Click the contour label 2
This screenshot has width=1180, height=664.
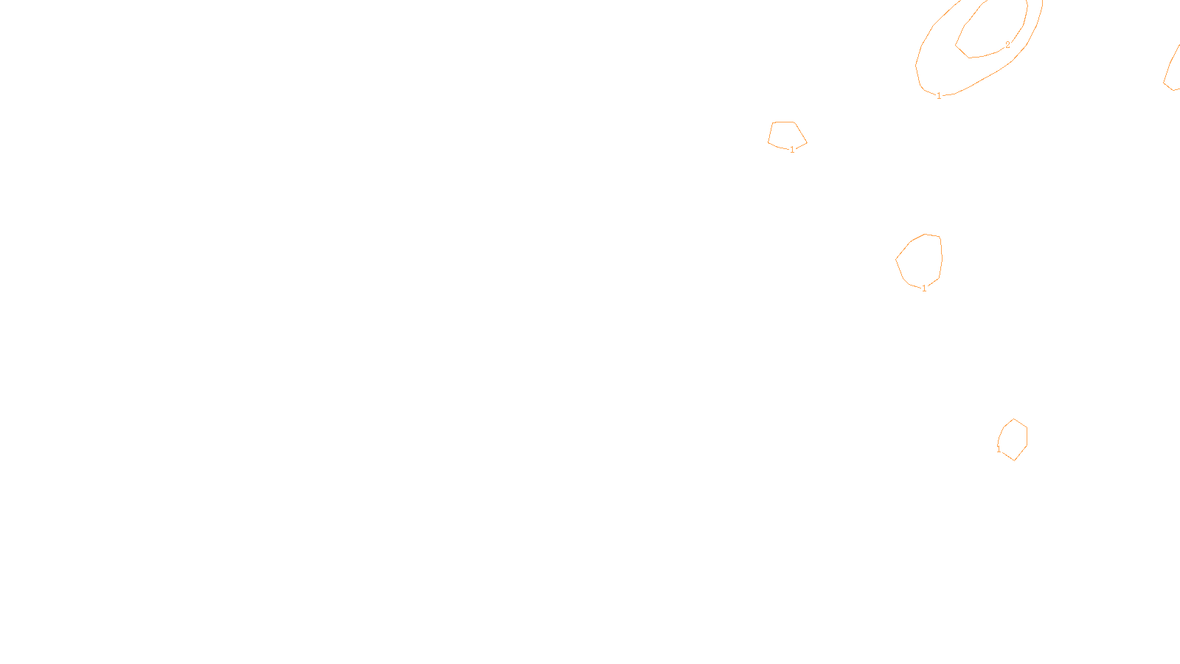click(x=1007, y=45)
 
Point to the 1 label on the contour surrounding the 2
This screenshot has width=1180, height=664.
click(x=939, y=95)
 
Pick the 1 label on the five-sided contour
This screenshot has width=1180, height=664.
click(x=792, y=150)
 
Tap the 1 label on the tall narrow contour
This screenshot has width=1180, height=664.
click(x=999, y=449)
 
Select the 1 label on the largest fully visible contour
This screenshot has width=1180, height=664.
click(x=924, y=288)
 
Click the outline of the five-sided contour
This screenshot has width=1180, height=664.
click(x=783, y=122)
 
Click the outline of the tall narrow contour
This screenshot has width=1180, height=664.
click(x=1027, y=435)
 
